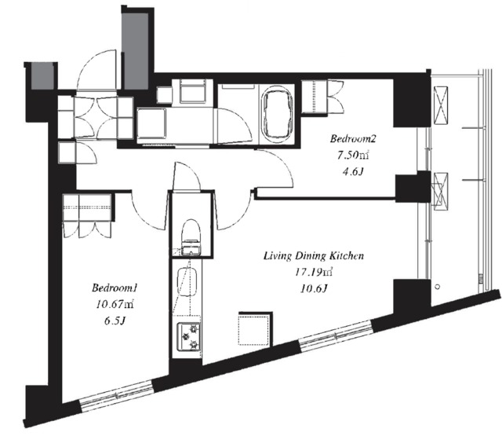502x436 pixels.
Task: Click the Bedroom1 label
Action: coord(115,288)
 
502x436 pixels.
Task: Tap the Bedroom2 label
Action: coord(352,139)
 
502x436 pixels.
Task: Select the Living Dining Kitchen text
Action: coord(314,256)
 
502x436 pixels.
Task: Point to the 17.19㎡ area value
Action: coord(314,272)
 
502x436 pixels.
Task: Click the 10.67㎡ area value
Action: coord(115,304)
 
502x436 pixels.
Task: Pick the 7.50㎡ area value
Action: coord(352,156)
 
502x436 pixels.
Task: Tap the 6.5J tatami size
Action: coord(114,321)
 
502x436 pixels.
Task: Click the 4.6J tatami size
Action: coord(352,172)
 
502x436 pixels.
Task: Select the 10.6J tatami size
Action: coord(314,289)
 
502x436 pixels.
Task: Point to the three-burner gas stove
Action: coord(189,336)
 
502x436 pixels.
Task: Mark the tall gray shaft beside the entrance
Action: coord(136,50)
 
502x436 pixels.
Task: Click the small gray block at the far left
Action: coord(42,75)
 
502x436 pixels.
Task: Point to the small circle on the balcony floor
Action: coord(438,286)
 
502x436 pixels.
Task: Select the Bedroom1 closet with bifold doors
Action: coord(87,214)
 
